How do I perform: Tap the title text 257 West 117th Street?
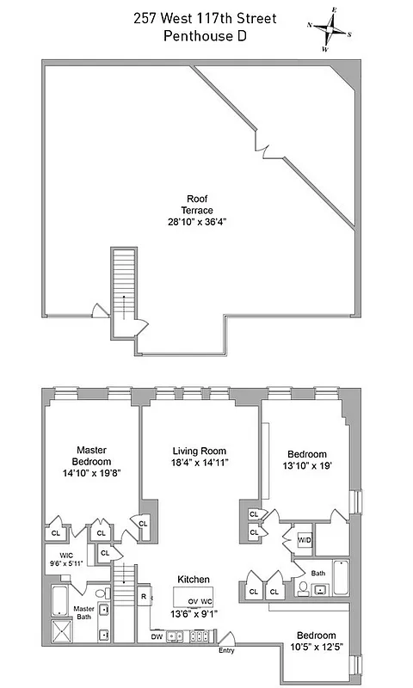pos(206,18)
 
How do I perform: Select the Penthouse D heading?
pos(206,35)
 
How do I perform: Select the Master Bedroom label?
pos(90,455)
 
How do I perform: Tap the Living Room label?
pos(199,451)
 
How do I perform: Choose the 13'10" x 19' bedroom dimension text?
pos(307,467)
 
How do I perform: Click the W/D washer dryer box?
pos(305,540)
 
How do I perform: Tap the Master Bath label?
pos(83,611)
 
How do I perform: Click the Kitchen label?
pos(194,579)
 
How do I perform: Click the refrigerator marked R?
pos(144,595)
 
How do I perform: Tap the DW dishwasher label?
pos(157,637)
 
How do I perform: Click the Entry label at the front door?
pos(226,651)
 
